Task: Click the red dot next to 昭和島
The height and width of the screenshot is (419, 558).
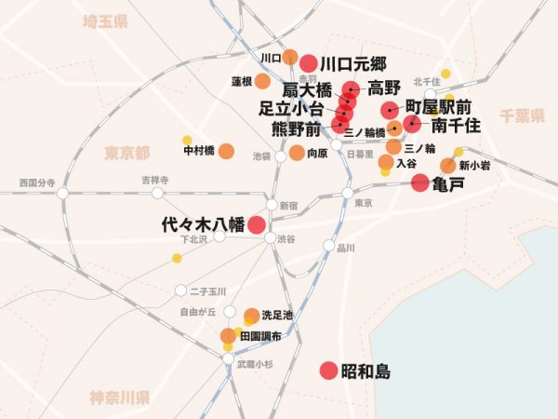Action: point(328,371)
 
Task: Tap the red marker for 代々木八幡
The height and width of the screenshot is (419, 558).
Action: point(256,224)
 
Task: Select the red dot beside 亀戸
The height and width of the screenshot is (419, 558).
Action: point(420,182)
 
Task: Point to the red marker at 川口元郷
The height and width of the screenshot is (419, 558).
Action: point(309,63)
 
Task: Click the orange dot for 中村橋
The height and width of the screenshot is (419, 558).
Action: point(226,151)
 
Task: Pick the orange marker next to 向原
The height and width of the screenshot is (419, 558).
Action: point(297,152)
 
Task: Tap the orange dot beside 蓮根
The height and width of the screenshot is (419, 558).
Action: point(265,81)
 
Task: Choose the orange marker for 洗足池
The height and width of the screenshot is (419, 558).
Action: point(252,316)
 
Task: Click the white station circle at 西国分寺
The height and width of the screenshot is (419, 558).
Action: point(63,194)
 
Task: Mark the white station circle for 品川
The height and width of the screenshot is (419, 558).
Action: point(328,247)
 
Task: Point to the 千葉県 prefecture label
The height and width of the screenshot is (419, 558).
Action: point(521,116)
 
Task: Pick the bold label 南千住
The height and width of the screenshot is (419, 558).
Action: point(457,126)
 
